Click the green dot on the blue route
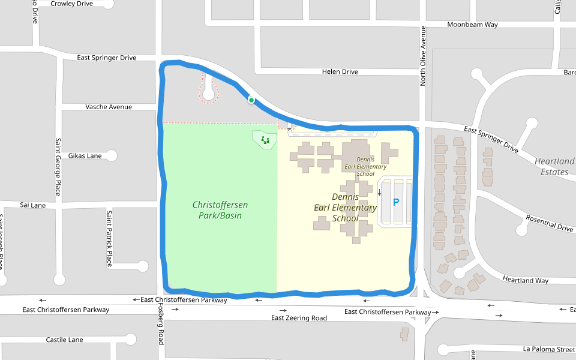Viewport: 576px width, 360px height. pyautogui.click(x=251, y=100)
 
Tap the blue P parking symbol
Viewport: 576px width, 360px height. pyautogui.click(x=395, y=202)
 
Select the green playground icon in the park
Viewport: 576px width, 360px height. pyautogui.click(x=265, y=140)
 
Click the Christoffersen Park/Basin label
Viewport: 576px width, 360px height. pyautogui.click(x=220, y=210)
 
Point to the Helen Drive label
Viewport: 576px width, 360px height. pyautogui.click(x=340, y=72)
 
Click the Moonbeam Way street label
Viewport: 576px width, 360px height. pyautogui.click(x=473, y=25)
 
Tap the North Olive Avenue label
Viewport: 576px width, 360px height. pyautogui.click(x=423, y=56)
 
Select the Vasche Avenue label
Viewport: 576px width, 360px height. pyautogui.click(x=109, y=107)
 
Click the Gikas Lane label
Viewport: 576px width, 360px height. pyautogui.click(x=85, y=156)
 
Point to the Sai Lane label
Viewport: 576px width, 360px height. pyautogui.click(x=32, y=205)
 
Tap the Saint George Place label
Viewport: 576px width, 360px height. pyautogui.click(x=58, y=167)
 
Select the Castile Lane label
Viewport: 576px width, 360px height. pyautogui.click(x=64, y=340)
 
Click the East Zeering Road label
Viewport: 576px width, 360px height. pyautogui.click(x=299, y=318)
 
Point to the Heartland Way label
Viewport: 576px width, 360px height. pyautogui.click(x=526, y=280)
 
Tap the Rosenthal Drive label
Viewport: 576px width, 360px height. pyautogui.click(x=550, y=223)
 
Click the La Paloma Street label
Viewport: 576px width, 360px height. pyautogui.click(x=549, y=349)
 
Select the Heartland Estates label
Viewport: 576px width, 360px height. pyautogui.click(x=554, y=167)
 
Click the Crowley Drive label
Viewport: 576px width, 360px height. pyautogui.click(x=71, y=4)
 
